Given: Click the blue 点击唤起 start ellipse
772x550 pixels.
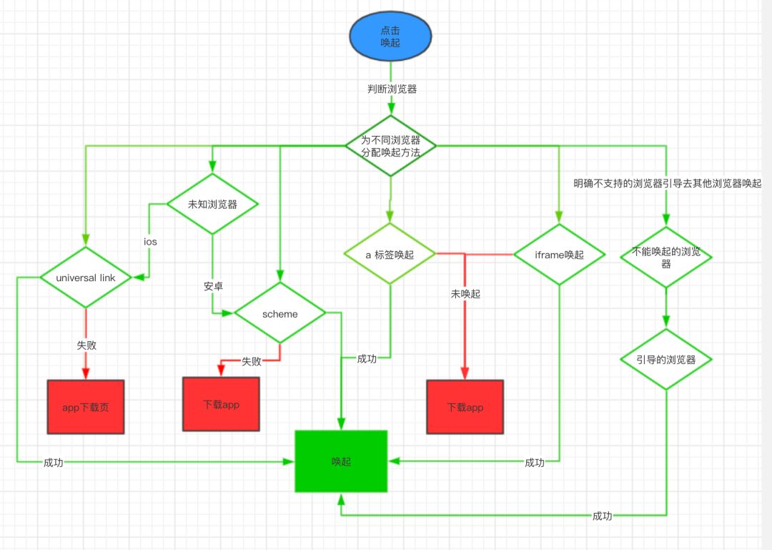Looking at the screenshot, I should pyautogui.click(x=390, y=37).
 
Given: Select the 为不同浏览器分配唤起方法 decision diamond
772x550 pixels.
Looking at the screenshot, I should pyautogui.click(x=390, y=146).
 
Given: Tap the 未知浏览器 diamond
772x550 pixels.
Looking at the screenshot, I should pyautogui.click(x=212, y=204).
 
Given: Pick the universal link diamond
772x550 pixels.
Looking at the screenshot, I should pyautogui.click(x=86, y=278).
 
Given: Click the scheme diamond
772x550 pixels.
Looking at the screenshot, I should pyautogui.click(x=279, y=313).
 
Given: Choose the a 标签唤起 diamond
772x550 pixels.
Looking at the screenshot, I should pyautogui.click(x=390, y=254).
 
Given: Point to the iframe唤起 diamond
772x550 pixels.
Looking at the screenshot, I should pyautogui.click(x=559, y=254).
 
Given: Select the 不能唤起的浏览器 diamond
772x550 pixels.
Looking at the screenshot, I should pyautogui.click(x=666, y=257).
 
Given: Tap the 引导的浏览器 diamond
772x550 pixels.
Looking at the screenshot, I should pyautogui.click(x=666, y=359).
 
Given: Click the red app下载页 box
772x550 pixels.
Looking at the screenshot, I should pyautogui.click(x=86, y=407).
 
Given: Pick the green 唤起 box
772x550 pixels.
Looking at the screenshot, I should pyautogui.click(x=341, y=461).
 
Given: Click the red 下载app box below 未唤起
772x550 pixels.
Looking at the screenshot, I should pyautogui.click(x=465, y=407).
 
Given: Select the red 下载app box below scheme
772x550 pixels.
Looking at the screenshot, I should pyautogui.click(x=221, y=404).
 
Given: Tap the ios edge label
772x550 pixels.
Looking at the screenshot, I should pyautogui.click(x=150, y=242).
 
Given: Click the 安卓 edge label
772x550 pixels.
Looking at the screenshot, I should pyautogui.click(x=213, y=286).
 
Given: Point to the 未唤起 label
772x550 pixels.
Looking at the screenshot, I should pyautogui.click(x=465, y=294).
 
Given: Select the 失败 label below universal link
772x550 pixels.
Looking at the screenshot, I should pyautogui.click(x=86, y=345).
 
